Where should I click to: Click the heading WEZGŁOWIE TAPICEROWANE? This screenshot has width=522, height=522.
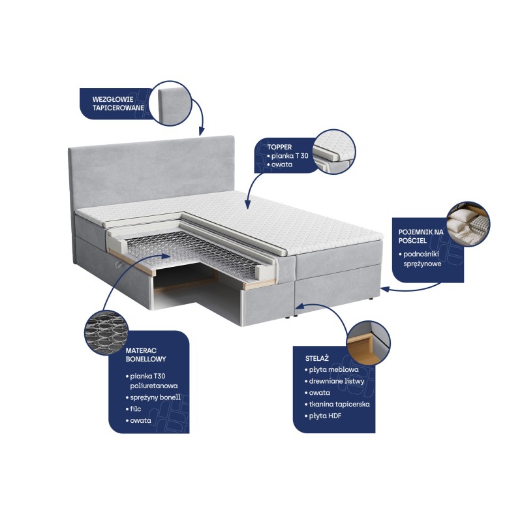point(118,104)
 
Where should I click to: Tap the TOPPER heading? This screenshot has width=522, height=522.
point(279,147)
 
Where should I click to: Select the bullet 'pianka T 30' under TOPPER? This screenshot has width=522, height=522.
point(288,155)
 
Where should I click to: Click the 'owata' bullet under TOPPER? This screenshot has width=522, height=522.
point(280,164)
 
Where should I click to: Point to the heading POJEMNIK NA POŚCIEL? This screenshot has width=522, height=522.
point(421,236)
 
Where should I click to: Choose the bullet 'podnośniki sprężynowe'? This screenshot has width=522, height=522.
point(420,258)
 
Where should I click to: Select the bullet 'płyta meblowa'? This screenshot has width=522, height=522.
point(331,369)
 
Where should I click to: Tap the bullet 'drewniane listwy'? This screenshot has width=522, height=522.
point(335,381)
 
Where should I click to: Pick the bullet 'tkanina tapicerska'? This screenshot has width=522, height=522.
point(337,404)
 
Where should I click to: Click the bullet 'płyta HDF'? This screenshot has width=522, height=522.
point(323,416)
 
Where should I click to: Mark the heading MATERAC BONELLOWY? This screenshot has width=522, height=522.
point(146,354)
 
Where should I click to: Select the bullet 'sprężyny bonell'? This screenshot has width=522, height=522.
point(153,397)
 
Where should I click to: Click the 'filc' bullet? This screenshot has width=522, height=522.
point(134,409)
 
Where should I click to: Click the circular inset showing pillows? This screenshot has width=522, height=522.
point(468,223)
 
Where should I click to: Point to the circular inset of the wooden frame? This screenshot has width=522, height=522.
point(368,343)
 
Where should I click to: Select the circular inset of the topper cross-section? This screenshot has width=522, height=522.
point(334,152)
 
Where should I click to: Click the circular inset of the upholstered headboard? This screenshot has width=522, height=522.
point(170,104)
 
